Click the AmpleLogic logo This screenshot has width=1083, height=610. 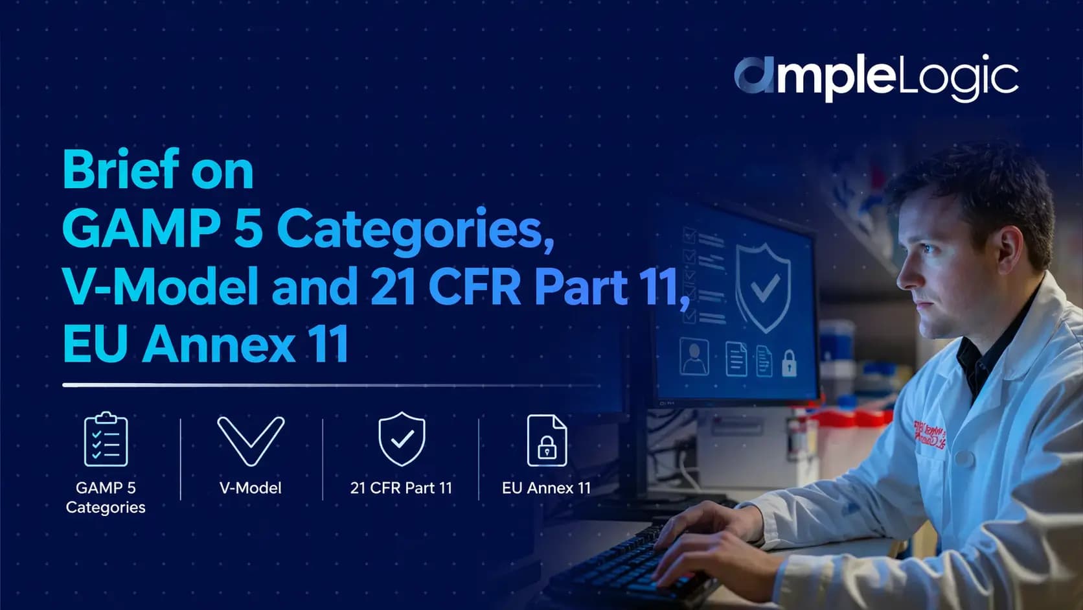click(x=875, y=78)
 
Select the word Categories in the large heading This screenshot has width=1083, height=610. click(x=415, y=229)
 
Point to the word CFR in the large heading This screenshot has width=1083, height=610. click(x=474, y=287)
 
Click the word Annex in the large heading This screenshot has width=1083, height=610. click(x=219, y=344)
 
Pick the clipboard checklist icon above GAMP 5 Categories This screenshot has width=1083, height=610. click(x=106, y=440)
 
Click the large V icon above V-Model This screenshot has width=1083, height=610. click(x=251, y=441)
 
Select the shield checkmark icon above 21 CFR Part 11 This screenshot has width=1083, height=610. click(x=402, y=439)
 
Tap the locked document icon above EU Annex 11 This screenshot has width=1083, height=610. click(x=547, y=440)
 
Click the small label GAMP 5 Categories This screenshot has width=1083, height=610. click(x=106, y=497)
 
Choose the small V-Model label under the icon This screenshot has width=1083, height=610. click(x=251, y=488)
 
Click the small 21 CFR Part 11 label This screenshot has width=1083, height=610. click(x=401, y=488)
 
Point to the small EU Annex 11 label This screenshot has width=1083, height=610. click(x=546, y=488)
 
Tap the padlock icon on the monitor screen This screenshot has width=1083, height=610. click(x=789, y=364)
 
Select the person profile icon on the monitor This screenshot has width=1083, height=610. click(x=694, y=357)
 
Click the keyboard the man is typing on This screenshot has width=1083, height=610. click(x=622, y=564)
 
